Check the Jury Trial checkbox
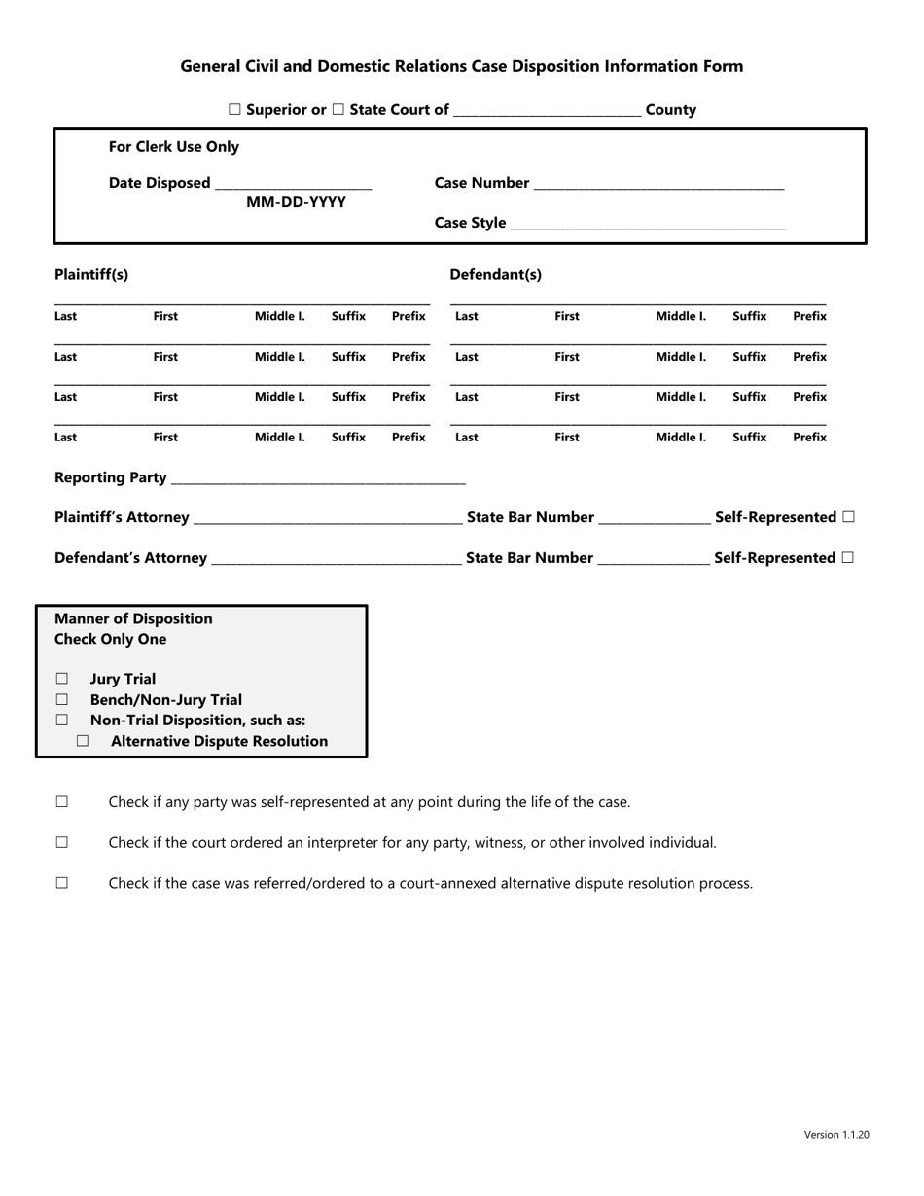[x=62, y=679]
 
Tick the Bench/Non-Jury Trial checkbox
[x=62, y=699]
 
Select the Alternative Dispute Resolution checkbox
[x=83, y=741]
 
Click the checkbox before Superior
[x=234, y=110]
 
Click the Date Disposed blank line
[x=293, y=185]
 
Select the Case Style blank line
[x=648, y=225]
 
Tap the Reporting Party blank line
[x=318, y=479]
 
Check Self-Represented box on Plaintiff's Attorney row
[x=849, y=517]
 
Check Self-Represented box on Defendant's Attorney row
[x=849, y=558]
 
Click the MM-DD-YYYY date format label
[x=296, y=202]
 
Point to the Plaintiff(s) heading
[x=91, y=275]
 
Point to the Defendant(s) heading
[x=495, y=275]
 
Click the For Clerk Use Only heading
[x=173, y=147]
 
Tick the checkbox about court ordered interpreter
[x=62, y=843]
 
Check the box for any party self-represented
[x=62, y=802]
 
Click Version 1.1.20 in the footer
[x=836, y=1134]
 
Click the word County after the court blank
[x=671, y=110]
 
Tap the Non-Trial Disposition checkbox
[x=62, y=721]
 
